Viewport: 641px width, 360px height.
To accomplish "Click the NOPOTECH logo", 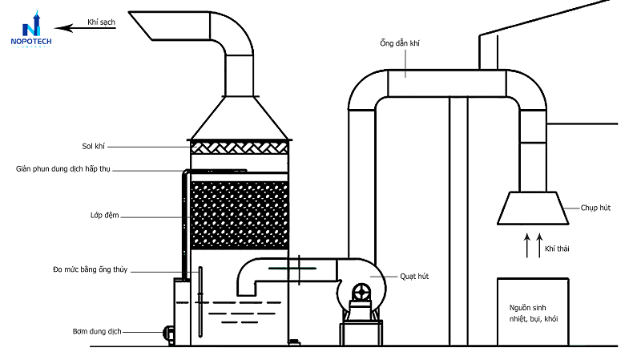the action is (31, 30).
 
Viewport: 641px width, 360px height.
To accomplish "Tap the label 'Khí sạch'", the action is (101, 22).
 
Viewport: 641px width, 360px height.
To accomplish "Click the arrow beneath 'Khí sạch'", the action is (85, 28).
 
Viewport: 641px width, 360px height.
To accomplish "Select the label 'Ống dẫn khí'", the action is (399, 43).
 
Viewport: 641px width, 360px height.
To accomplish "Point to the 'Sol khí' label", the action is (93, 146).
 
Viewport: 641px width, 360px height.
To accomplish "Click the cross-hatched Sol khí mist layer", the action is (240, 148).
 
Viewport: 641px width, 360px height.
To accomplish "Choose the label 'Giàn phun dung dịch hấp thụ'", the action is (63, 169).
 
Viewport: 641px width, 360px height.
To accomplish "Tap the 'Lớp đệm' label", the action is (105, 215).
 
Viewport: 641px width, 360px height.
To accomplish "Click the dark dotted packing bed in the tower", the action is (240, 215).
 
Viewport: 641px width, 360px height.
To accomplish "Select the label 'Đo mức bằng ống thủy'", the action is (91, 269).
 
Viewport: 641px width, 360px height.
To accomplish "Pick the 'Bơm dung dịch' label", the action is (97, 331).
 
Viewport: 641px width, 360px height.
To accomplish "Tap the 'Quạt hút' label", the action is (414, 277).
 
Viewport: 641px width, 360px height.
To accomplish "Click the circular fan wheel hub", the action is (361, 293).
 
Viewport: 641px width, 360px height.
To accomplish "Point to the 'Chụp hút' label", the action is (595, 208).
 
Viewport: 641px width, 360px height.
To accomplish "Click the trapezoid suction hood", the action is (533, 208).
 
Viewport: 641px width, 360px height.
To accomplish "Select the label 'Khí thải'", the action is (557, 249).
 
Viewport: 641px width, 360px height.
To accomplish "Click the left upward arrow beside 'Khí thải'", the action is (527, 245).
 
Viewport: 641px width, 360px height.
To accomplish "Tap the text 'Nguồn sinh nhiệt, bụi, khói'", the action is (534, 313).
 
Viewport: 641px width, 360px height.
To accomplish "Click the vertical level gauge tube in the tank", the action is (200, 302).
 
